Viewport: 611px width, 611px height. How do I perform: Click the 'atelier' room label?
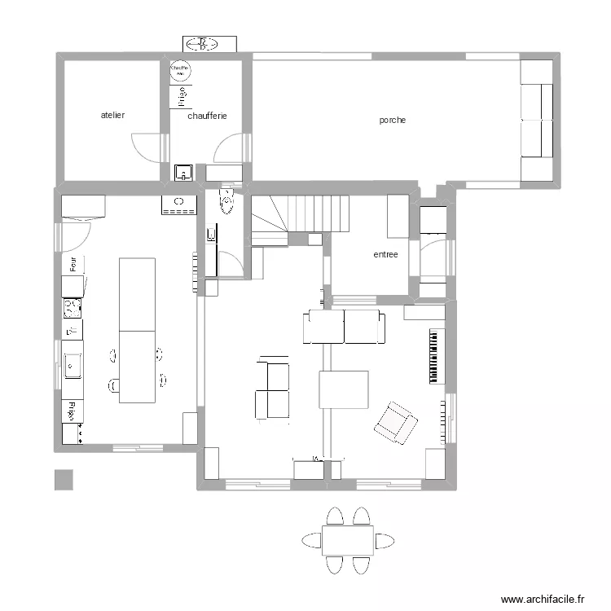(x=112, y=116)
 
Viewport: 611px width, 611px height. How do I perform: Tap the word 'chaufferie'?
(x=207, y=116)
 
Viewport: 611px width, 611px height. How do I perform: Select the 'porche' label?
(x=392, y=120)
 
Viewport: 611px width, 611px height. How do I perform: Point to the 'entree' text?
(x=385, y=254)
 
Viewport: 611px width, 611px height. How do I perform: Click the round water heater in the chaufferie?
(x=180, y=71)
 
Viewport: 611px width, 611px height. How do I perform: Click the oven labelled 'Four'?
(x=73, y=264)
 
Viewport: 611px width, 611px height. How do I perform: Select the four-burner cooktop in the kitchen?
(x=73, y=307)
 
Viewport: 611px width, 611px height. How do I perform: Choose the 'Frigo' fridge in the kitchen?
(x=73, y=411)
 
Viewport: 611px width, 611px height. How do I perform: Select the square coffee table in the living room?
(x=343, y=389)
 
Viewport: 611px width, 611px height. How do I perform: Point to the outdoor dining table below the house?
(x=348, y=540)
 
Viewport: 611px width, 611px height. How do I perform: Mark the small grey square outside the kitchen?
(x=64, y=480)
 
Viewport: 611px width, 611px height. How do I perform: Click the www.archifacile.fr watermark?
(x=543, y=599)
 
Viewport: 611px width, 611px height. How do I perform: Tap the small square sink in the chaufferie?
(x=183, y=172)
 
